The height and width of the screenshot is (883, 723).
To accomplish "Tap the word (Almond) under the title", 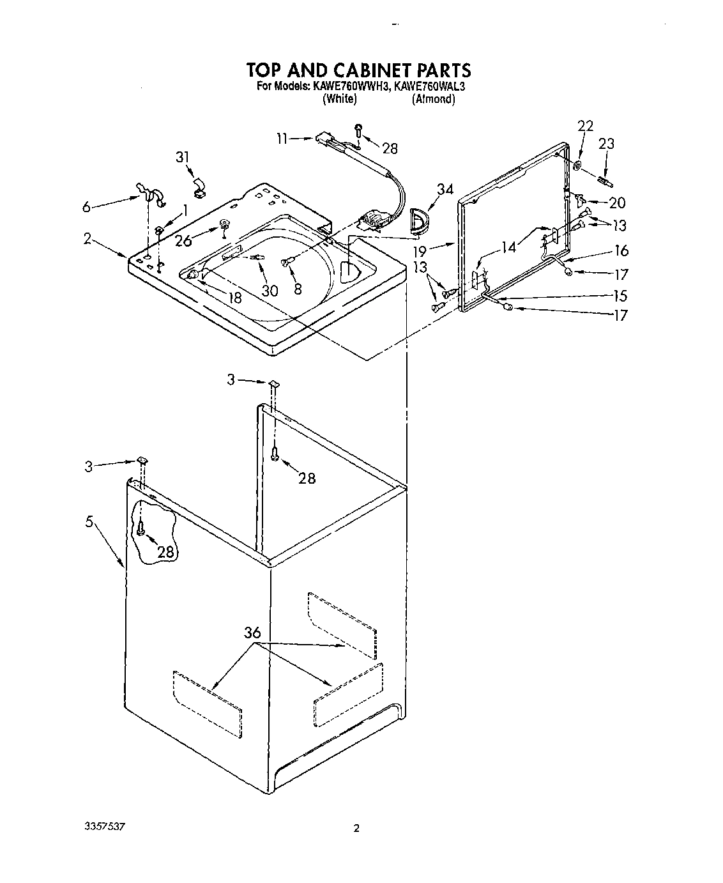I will pyautogui.click(x=433, y=99).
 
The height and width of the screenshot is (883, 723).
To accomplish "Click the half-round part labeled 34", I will pyautogui.click(x=420, y=221).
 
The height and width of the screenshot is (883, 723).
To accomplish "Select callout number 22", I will pyautogui.click(x=585, y=126).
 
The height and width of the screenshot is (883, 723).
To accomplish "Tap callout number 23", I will pyautogui.click(x=606, y=144).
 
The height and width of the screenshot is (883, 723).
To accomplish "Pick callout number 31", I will pyautogui.click(x=183, y=157).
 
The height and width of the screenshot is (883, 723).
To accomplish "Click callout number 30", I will pyautogui.click(x=270, y=291).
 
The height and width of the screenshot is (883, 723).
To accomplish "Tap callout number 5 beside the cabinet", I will pyautogui.click(x=90, y=522).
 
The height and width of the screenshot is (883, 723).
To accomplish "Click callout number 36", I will pyautogui.click(x=252, y=633).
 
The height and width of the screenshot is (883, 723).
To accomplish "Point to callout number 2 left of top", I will pyautogui.click(x=88, y=240).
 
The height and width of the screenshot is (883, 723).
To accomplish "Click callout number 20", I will pyautogui.click(x=617, y=203).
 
